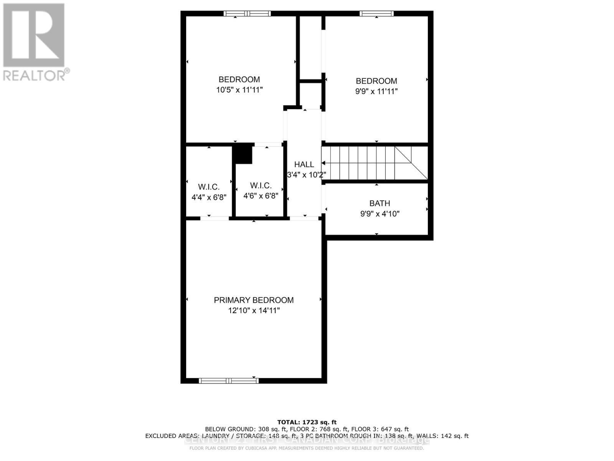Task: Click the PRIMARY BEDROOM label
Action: coord(254,300)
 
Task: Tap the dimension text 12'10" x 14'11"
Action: coord(254,310)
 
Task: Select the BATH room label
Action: coord(380,203)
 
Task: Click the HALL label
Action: coord(304,164)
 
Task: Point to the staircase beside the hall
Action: coord(374,163)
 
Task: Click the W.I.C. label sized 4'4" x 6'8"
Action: coord(209,187)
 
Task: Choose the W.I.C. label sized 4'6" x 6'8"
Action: coord(261,186)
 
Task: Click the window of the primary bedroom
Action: coord(229,381)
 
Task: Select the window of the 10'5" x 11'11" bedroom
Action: coord(247,13)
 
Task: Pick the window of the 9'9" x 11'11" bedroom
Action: coord(376,13)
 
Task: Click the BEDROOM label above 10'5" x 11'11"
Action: coord(239,80)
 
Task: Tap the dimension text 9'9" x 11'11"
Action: coord(376,91)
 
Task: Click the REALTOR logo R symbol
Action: coord(34,35)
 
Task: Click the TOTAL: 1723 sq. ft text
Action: coord(307,422)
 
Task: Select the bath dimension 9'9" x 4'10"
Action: coord(380,214)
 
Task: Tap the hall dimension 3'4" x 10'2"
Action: coord(306,175)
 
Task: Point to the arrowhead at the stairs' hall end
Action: coord(324,163)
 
